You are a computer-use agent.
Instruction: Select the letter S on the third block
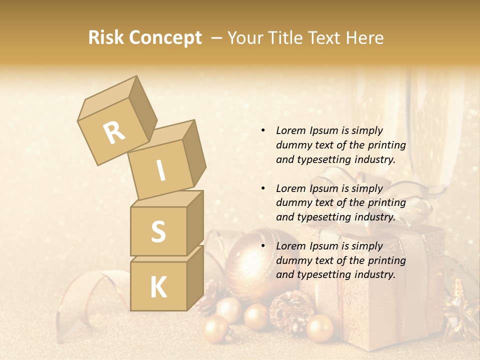coord(158,231)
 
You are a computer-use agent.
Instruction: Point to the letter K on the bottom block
coord(158,287)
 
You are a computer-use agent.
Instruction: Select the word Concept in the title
coord(165,38)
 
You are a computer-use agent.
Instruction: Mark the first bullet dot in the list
coord(263,130)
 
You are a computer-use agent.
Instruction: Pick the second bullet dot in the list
coord(263,188)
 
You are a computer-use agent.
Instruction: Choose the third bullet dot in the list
coord(263,246)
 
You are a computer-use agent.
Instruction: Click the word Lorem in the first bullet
coord(291,130)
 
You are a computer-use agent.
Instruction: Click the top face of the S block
coord(167,199)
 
